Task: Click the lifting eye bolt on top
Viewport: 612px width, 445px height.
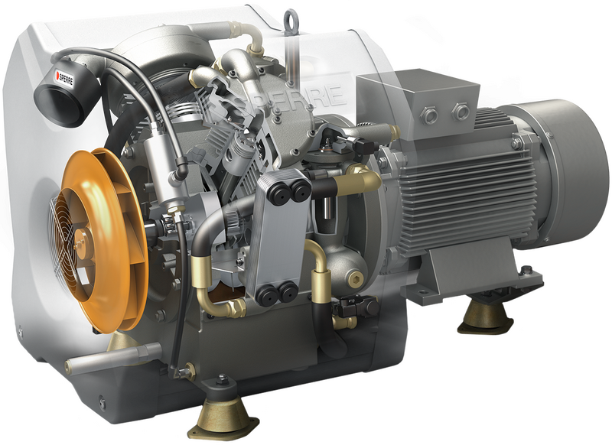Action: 291,20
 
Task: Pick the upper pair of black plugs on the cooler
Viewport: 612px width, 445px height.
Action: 291,190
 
